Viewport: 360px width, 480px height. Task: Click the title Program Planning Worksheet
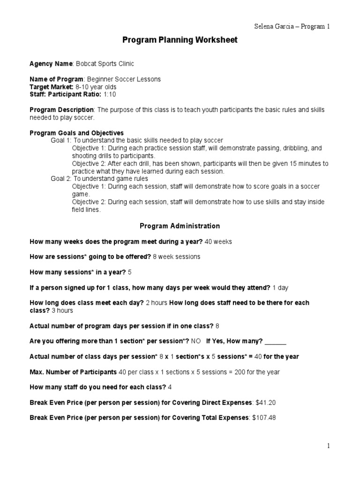click(x=180, y=40)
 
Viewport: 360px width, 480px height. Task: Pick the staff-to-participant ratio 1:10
click(x=109, y=95)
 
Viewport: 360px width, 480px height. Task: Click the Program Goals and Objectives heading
click(x=77, y=133)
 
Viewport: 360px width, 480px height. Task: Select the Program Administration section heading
click(x=180, y=226)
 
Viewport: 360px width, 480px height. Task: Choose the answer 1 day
click(x=280, y=287)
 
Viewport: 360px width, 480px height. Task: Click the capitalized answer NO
click(x=195, y=341)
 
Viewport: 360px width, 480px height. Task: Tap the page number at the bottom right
click(x=329, y=446)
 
